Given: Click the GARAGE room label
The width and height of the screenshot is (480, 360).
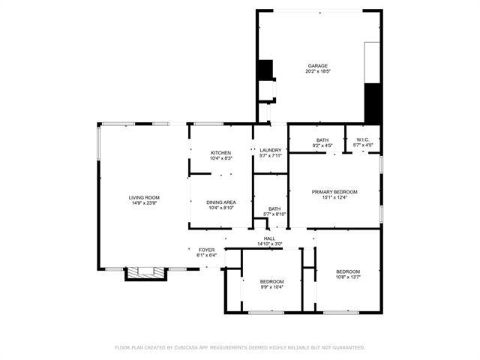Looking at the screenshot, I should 317,66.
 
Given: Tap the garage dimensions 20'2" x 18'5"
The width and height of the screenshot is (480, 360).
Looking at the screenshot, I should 317,72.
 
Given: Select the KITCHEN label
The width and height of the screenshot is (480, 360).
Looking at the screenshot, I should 220,153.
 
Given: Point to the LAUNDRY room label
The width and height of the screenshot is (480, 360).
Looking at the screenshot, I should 270,150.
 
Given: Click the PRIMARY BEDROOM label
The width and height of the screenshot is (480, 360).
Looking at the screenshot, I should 334,192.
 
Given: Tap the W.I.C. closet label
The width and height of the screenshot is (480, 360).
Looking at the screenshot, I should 363,140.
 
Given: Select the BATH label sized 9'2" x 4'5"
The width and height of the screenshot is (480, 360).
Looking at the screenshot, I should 322,140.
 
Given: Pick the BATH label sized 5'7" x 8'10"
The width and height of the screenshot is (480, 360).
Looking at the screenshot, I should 274,208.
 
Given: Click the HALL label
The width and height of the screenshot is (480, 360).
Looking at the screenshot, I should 269,238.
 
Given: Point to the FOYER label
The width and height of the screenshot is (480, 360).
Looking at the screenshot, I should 206,250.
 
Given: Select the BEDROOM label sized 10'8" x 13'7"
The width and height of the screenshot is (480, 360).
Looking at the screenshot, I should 348,271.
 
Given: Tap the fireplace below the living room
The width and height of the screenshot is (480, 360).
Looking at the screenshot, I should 144,273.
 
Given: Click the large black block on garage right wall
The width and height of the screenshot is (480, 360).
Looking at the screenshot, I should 373,103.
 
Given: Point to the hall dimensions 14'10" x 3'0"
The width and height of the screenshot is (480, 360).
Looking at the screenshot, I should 269,244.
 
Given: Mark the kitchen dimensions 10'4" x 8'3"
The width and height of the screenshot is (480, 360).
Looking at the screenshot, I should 220,159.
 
